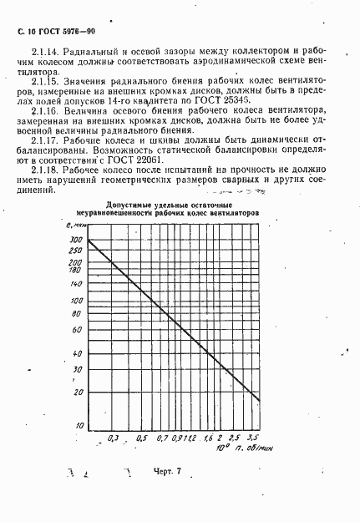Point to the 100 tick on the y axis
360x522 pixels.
(76, 299)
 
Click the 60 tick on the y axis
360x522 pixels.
(78, 328)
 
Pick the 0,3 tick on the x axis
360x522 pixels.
(114, 437)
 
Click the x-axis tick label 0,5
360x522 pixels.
(141, 437)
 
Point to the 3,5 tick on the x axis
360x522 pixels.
(253, 437)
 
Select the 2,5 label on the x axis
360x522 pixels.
(234, 437)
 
